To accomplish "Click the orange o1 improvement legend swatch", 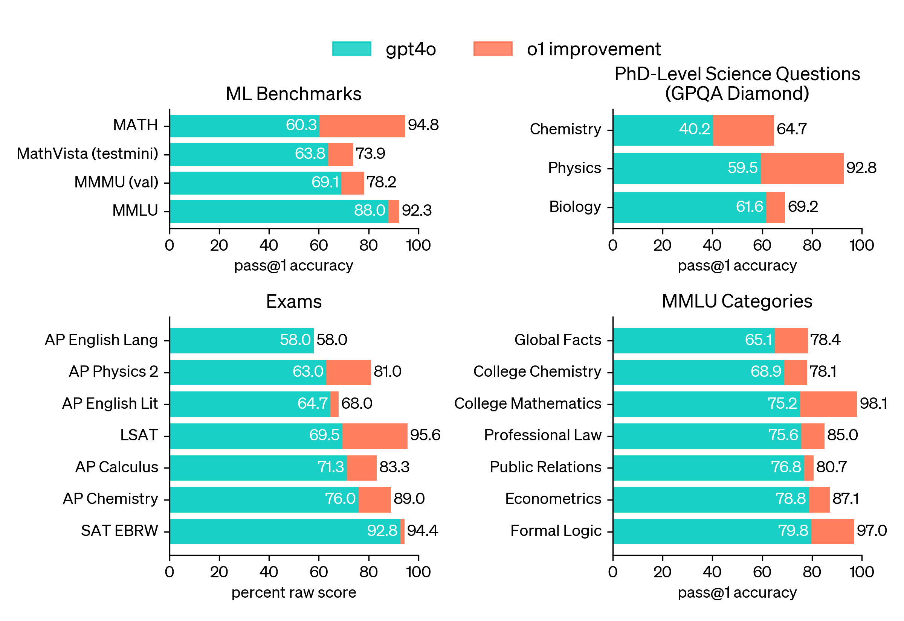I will point(492,49).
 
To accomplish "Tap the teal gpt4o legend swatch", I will point(351,49).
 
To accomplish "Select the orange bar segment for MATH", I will point(362,126).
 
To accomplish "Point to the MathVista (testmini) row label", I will point(87,154).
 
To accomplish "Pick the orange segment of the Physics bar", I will point(802,168).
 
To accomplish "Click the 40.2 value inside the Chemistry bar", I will point(694,129).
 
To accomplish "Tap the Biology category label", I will point(575,207).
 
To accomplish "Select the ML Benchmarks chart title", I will point(293,94).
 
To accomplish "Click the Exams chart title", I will point(294,302).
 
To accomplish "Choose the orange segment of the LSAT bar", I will point(374,436).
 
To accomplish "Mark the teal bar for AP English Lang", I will point(241,341).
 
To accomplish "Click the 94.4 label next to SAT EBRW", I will point(422,531).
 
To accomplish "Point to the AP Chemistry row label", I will point(111,499).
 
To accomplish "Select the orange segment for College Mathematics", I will point(828,404).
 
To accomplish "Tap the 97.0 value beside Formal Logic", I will point(871,531).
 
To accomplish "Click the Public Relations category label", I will point(545,467).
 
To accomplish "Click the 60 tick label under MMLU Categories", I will point(762,572).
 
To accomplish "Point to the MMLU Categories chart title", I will point(737,301).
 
